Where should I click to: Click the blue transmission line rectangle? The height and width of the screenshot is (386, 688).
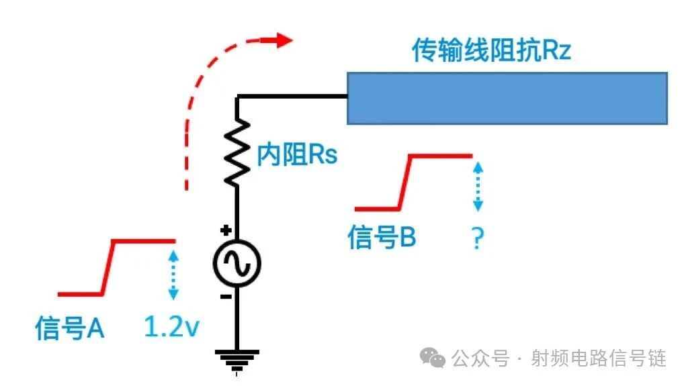click(x=507, y=98)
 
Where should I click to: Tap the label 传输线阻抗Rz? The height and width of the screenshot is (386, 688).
click(x=491, y=51)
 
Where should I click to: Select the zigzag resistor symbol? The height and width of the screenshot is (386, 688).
click(x=236, y=153)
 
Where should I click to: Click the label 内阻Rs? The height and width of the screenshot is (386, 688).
click(x=297, y=156)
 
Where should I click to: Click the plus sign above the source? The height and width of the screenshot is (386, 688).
click(x=226, y=230)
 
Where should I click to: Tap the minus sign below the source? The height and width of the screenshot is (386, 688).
click(x=226, y=296)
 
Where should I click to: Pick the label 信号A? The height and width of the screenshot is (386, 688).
click(x=69, y=328)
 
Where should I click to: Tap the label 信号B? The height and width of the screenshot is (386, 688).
click(x=382, y=238)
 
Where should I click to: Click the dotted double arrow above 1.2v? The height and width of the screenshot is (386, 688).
click(x=174, y=274)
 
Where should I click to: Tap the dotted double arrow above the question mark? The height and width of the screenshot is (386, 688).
click(x=477, y=187)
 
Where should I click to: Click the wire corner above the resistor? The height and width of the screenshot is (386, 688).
click(x=237, y=98)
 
